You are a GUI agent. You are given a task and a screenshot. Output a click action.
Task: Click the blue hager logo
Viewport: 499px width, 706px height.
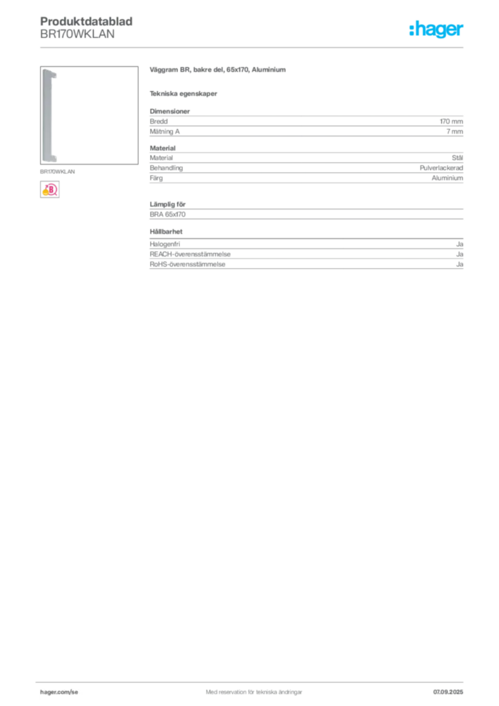(x=438, y=30)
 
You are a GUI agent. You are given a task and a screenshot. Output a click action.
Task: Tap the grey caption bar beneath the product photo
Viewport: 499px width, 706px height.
(x=57, y=172)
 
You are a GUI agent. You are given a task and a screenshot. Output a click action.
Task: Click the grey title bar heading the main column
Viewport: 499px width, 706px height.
(x=217, y=71)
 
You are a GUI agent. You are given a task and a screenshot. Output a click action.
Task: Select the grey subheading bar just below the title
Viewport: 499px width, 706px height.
(x=185, y=94)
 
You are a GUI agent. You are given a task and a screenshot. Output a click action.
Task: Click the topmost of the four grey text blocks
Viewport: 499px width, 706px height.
(x=305, y=123)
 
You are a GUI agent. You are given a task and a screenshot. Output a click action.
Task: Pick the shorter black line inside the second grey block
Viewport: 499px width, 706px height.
(x=303, y=167)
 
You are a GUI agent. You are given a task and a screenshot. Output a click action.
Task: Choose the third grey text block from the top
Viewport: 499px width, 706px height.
(x=305, y=211)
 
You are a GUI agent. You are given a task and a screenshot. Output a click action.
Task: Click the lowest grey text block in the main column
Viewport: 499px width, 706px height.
(x=305, y=255)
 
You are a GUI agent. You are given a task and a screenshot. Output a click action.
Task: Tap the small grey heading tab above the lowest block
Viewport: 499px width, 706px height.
(x=168, y=232)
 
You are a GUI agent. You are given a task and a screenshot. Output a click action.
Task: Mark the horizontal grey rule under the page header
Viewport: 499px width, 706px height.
(x=253, y=47)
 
